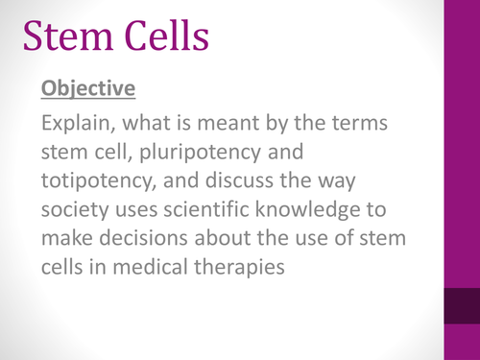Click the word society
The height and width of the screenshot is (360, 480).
coord(74,208)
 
